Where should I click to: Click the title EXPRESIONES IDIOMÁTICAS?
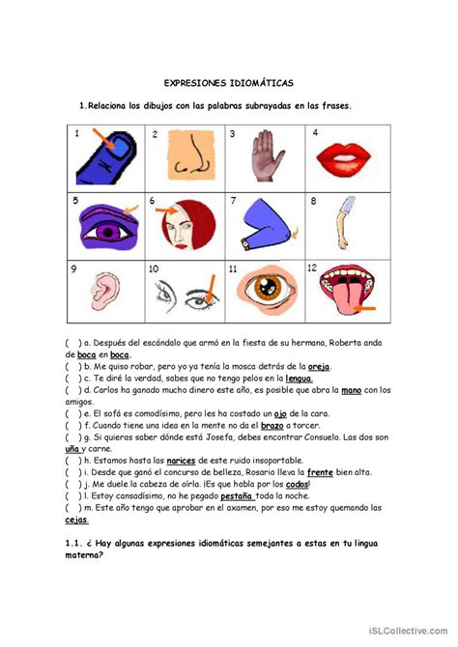229,84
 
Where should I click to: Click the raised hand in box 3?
262,157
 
